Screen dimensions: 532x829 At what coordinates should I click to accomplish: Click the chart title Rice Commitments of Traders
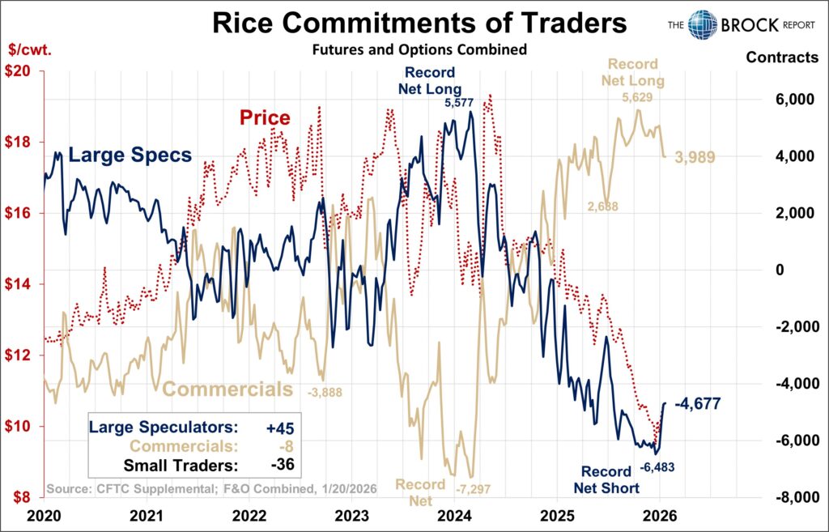(419, 23)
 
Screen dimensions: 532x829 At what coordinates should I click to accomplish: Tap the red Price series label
(264, 118)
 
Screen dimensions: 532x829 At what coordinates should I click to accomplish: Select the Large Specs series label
(130, 155)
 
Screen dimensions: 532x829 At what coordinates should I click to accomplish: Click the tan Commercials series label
(227, 389)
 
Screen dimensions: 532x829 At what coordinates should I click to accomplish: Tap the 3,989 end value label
(695, 157)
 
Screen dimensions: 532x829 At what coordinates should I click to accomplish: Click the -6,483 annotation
(657, 467)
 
